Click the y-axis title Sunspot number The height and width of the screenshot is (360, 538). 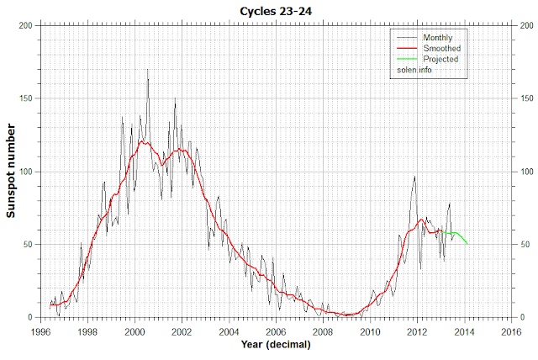(x=13, y=171)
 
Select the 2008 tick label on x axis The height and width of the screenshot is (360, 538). (x=323, y=332)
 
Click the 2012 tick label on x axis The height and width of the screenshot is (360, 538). (x=416, y=332)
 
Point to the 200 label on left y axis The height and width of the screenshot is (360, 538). (x=25, y=25)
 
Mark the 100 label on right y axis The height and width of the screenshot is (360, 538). (x=528, y=172)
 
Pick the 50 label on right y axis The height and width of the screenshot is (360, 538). (x=525, y=245)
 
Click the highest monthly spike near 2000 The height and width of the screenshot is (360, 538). (x=148, y=70)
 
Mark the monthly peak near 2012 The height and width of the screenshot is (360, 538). (x=414, y=177)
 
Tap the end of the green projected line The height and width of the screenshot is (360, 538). (x=467, y=244)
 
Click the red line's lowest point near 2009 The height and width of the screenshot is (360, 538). (x=348, y=315)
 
